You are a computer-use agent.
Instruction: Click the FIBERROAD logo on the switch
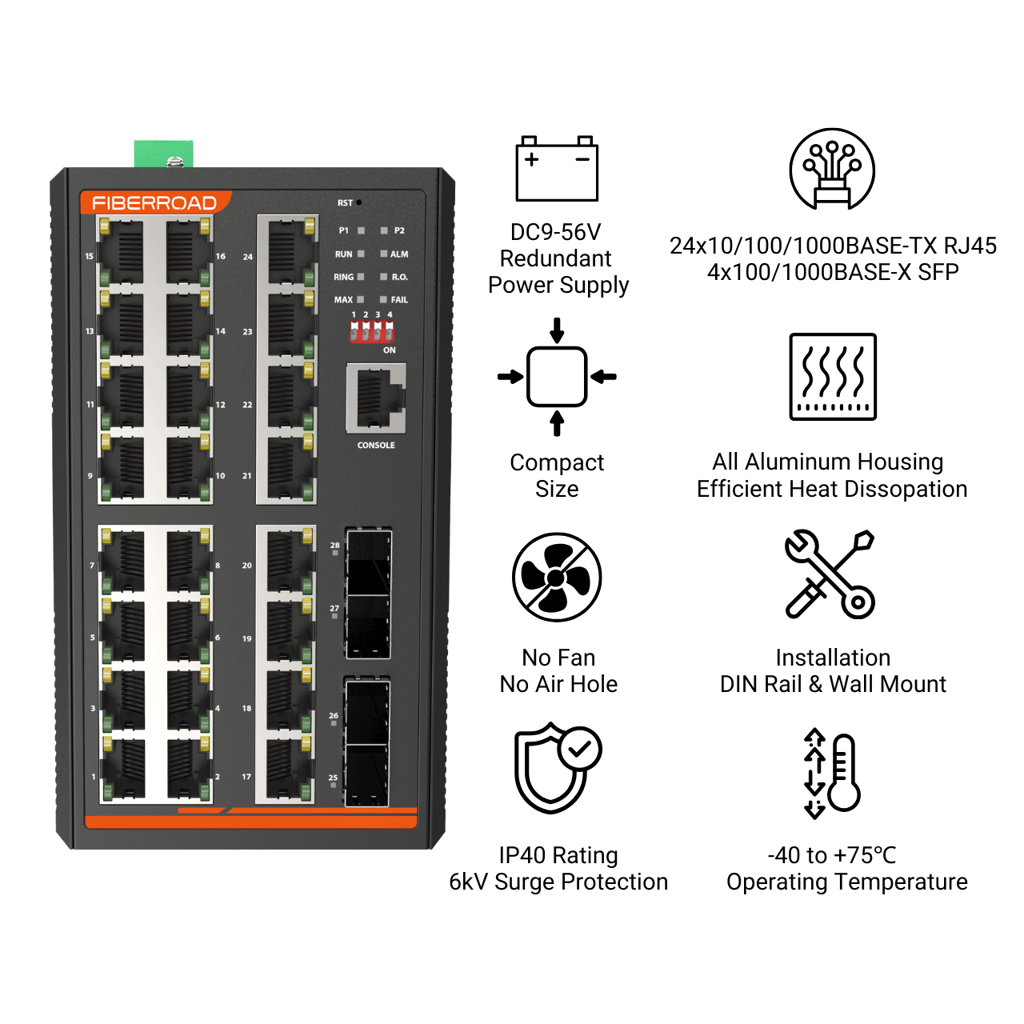154,202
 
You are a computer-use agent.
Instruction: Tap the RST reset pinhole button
359,202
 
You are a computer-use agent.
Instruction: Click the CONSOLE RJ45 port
376,398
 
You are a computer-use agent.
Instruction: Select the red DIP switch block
371,331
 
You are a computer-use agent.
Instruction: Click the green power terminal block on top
164,154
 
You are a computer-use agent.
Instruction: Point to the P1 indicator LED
362,230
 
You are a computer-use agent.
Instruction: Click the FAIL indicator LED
384,300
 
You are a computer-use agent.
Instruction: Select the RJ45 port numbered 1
122,768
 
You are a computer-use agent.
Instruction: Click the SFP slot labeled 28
369,562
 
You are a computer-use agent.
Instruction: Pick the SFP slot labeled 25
366,775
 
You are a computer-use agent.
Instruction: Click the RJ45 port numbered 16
187,252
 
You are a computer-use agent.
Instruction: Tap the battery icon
557,169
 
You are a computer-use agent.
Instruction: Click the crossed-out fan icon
557,577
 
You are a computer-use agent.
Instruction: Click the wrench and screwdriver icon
830,574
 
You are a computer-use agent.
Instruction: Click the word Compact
557,463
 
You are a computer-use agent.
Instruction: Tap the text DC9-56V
556,232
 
